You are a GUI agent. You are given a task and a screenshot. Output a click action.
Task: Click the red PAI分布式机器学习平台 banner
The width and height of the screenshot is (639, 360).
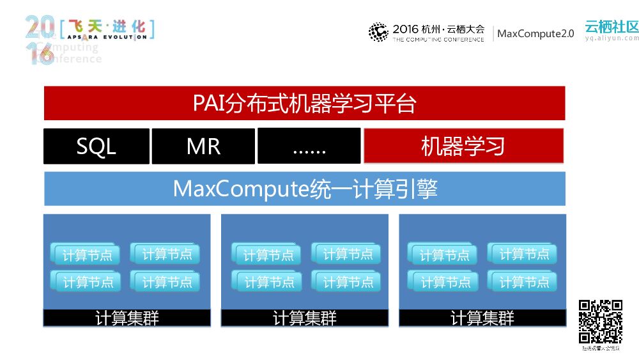(x=304, y=103)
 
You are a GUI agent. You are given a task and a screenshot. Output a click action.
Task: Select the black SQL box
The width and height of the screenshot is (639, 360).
(x=96, y=146)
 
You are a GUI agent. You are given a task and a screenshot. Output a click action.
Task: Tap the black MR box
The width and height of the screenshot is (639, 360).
(x=203, y=146)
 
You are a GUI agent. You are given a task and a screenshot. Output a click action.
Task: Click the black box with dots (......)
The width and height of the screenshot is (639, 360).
(x=309, y=146)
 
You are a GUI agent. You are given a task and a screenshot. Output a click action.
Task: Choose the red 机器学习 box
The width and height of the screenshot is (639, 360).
(x=463, y=146)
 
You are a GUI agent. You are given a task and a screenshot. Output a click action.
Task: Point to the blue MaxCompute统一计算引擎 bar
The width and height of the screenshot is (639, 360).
(x=304, y=189)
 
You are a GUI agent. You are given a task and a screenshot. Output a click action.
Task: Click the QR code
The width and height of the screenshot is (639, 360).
(x=600, y=322)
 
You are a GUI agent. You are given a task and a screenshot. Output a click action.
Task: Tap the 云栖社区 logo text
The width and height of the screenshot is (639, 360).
(x=611, y=27)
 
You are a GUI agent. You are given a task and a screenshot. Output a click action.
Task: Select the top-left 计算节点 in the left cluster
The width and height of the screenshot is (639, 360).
(x=86, y=254)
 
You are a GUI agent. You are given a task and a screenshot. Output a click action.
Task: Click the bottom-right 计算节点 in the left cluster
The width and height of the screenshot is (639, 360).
(x=166, y=281)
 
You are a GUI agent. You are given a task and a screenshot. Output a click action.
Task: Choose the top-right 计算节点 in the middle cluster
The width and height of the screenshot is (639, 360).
(x=347, y=254)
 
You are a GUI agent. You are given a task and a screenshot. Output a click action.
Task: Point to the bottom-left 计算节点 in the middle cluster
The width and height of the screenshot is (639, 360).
(x=268, y=281)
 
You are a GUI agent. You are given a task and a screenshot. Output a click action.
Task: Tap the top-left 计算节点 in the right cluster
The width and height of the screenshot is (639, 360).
(x=443, y=254)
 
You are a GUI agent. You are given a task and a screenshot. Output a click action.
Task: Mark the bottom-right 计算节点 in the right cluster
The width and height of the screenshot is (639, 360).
(x=523, y=281)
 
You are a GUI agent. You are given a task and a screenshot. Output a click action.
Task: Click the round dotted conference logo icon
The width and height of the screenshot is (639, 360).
(x=378, y=32)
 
